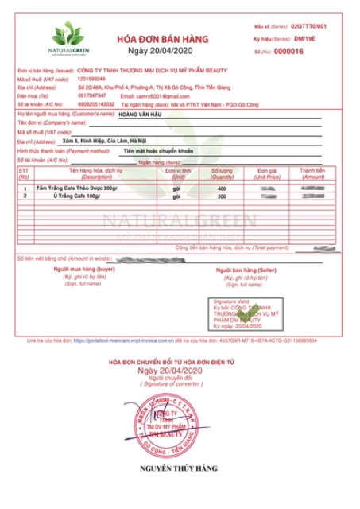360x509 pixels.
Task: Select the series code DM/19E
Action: click(x=306, y=39)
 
